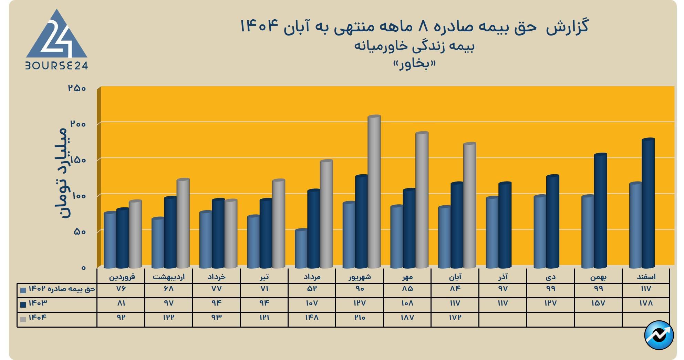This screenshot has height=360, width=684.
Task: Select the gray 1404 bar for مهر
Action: pos(422,200)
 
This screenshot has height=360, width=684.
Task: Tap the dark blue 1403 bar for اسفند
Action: pos(648,203)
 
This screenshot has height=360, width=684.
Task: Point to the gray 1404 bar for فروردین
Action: pos(135,234)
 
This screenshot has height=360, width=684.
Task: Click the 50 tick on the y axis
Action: pos(79,232)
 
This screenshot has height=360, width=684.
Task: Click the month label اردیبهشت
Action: pos(168,277)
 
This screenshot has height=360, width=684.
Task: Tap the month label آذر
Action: pos(502,277)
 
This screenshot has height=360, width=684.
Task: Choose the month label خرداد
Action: pos(216,277)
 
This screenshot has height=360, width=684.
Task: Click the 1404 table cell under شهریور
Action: pos(359,318)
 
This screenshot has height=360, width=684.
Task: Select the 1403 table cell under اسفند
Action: pos(646,303)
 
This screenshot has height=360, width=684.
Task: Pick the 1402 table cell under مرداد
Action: pos(312,289)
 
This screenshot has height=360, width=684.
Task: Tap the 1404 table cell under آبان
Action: pos(455,318)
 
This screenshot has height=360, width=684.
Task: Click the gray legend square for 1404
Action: pos(23,319)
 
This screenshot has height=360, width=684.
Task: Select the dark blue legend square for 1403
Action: pos(23,305)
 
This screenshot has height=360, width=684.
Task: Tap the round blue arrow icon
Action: pos(659,335)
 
